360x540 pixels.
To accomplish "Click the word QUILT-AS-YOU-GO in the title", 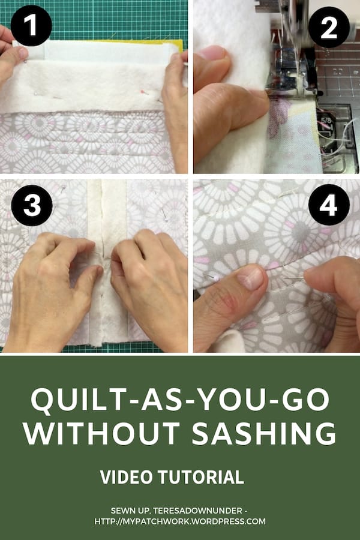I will pyautogui.click(x=180, y=401).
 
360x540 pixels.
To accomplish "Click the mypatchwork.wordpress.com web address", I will pyautogui.click(x=180, y=521).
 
